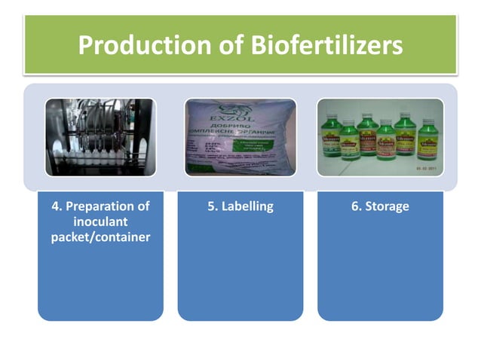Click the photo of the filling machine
point(100,137)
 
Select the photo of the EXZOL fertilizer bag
point(240,137)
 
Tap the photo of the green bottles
point(380,137)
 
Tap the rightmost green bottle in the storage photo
point(428,139)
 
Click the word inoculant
point(100,222)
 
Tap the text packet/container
point(100,238)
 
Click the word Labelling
point(247,206)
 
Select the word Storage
point(387,206)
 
